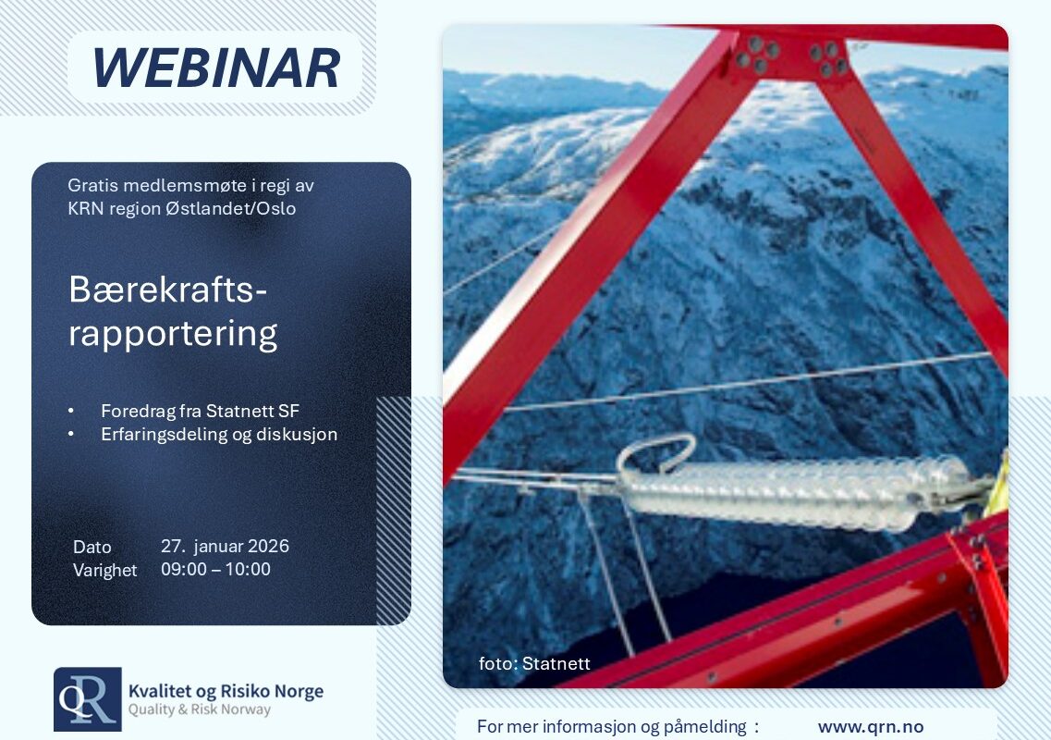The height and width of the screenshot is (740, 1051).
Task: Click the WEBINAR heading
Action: [x=215, y=68]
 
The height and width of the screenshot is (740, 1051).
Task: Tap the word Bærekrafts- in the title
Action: [x=167, y=290]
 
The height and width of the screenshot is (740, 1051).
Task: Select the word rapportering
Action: [x=173, y=334]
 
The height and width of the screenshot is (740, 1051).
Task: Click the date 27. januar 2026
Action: [x=225, y=546]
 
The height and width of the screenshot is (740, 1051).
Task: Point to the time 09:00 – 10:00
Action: [x=215, y=569]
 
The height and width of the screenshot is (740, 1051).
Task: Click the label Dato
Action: [x=92, y=547]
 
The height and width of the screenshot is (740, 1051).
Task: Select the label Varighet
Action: [x=104, y=571]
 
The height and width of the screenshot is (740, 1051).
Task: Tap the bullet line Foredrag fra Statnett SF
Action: [x=200, y=411]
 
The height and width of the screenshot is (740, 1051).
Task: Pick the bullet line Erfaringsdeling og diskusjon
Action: [x=219, y=434]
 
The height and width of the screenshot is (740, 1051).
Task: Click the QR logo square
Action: [x=88, y=699]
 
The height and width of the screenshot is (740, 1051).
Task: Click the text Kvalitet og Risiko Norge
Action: [x=226, y=691]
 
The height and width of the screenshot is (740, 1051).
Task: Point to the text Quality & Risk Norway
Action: [x=200, y=709]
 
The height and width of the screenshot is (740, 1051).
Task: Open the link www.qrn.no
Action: [x=871, y=726]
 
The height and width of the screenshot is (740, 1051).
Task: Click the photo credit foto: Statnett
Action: [x=534, y=663]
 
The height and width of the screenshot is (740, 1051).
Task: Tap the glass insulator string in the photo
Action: [x=798, y=493]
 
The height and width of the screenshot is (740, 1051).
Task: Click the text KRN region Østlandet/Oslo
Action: [x=182, y=209]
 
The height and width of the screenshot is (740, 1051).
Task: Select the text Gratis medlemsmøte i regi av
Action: [x=190, y=185]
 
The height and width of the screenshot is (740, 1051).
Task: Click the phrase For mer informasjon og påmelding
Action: [x=611, y=726]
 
